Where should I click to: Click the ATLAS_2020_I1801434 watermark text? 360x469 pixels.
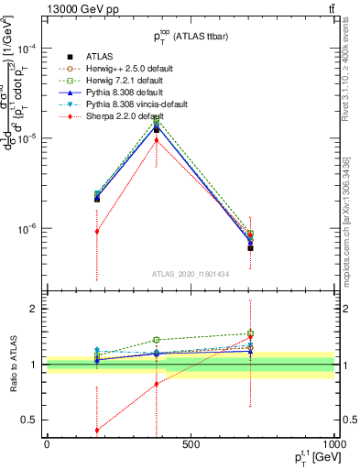pyautogui.click(x=191, y=274)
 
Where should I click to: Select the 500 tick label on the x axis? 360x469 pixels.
pyautogui.click(x=191, y=444)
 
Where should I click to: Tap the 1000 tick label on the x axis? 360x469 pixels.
pyautogui.click(x=331, y=444)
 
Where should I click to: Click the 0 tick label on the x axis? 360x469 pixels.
pyautogui.click(x=47, y=444)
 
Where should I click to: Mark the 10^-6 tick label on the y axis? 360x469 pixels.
pyautogui.click(x=27, y=229)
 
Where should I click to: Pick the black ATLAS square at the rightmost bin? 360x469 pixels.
pyautogui.click(x=250, y=248)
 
